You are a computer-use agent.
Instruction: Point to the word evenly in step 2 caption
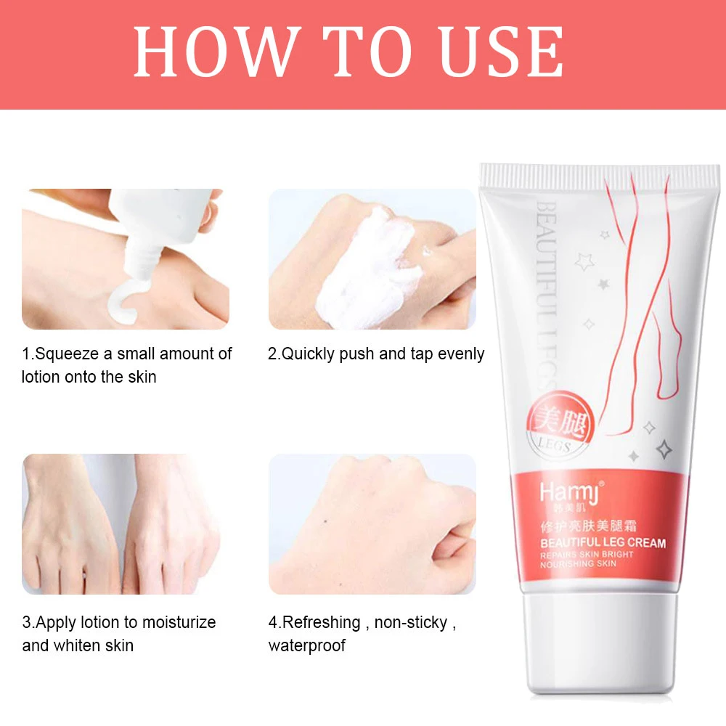click(457, 354)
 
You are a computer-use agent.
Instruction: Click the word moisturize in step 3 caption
click(179, 623)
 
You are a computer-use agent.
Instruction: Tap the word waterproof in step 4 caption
click(307, 645)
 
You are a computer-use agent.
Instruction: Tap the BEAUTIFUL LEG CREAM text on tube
click(603, 542)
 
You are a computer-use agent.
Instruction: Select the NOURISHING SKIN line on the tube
click(578, 564)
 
